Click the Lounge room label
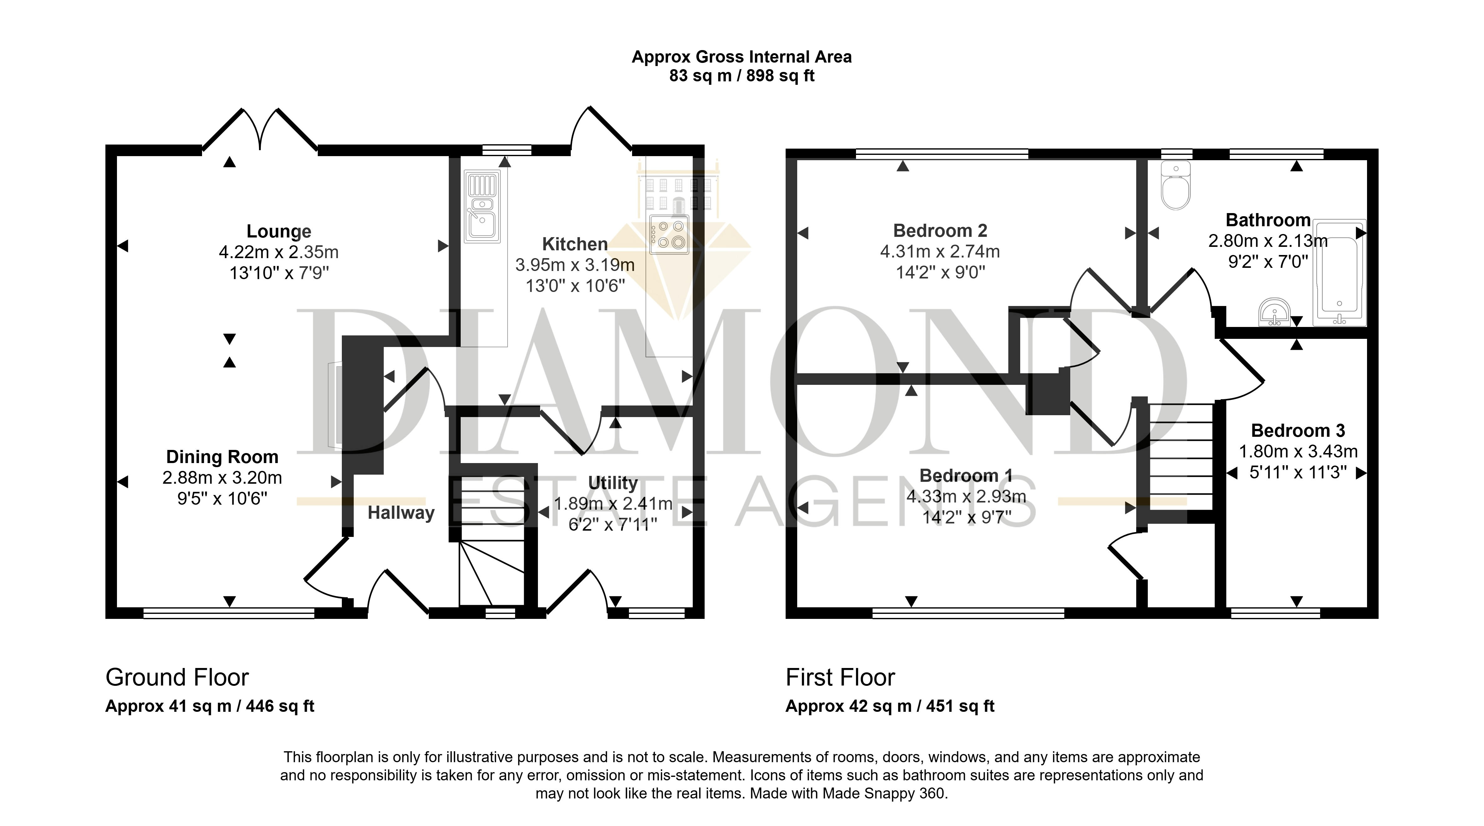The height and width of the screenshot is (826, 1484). click(279, 231)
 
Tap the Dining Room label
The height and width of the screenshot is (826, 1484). click(222, 457)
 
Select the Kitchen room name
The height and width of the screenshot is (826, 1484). click(575, 244)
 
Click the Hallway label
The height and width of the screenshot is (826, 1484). click(401, 513)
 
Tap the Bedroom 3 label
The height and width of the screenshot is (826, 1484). click(1298, 431)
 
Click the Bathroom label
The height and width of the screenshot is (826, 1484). click(1268, 220)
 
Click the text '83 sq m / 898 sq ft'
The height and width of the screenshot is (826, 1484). click(742, 75)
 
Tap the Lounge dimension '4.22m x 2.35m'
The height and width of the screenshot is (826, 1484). click(279, 252)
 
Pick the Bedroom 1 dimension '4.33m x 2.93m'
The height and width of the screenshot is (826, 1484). click(967, 496)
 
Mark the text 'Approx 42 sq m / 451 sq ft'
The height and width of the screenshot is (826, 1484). click(890, 706)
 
